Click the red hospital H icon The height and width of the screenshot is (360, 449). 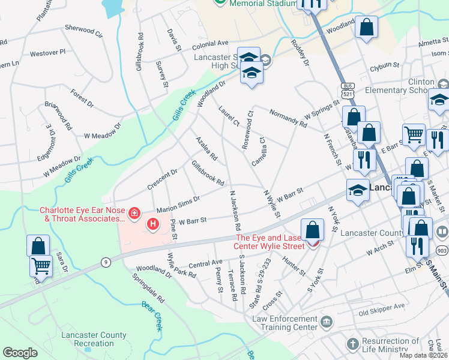[x=153, y=225]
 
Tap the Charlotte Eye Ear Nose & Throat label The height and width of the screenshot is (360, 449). [x=81, y=215]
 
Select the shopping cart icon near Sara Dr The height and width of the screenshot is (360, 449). [x=41, y=266]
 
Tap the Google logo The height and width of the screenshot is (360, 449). [x=20, y=353]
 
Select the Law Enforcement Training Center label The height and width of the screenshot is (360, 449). [x=285, y=323]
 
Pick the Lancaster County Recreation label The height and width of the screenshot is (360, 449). [x=94, y=339]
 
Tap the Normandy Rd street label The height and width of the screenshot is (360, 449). [x=288, y=118]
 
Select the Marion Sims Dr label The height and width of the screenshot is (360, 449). [x=178, y=204]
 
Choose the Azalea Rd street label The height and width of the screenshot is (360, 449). [x=206, y=148]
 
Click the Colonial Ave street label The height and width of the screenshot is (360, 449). [x=210, y=44]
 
